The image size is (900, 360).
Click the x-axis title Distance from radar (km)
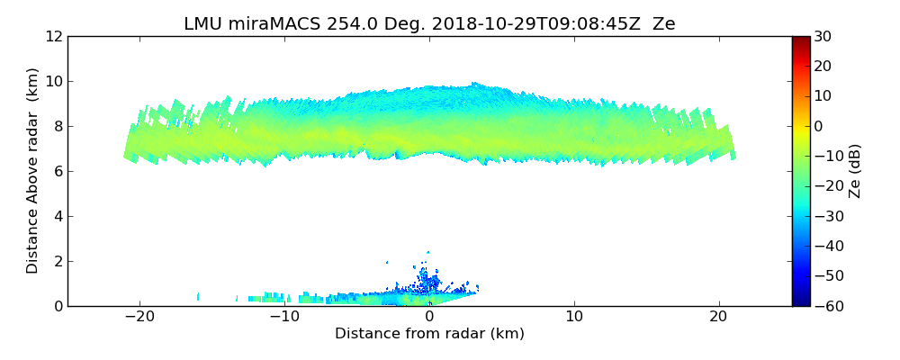(x=429, y=334)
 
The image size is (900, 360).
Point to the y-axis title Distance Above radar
(x=32, y=171)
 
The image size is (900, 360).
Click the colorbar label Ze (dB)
(x=856, y=171)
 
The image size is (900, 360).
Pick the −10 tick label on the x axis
(x=283, y=317)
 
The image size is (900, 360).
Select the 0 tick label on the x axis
(x=429, y=317)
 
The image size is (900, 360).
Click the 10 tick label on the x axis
(x=574, y=317)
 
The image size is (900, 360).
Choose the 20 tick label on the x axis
(x=718, y=317)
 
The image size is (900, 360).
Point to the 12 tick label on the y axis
(x=54, y=36)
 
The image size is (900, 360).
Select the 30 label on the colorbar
(x=823, y=36)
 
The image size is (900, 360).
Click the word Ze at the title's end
(x=664, y=23)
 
